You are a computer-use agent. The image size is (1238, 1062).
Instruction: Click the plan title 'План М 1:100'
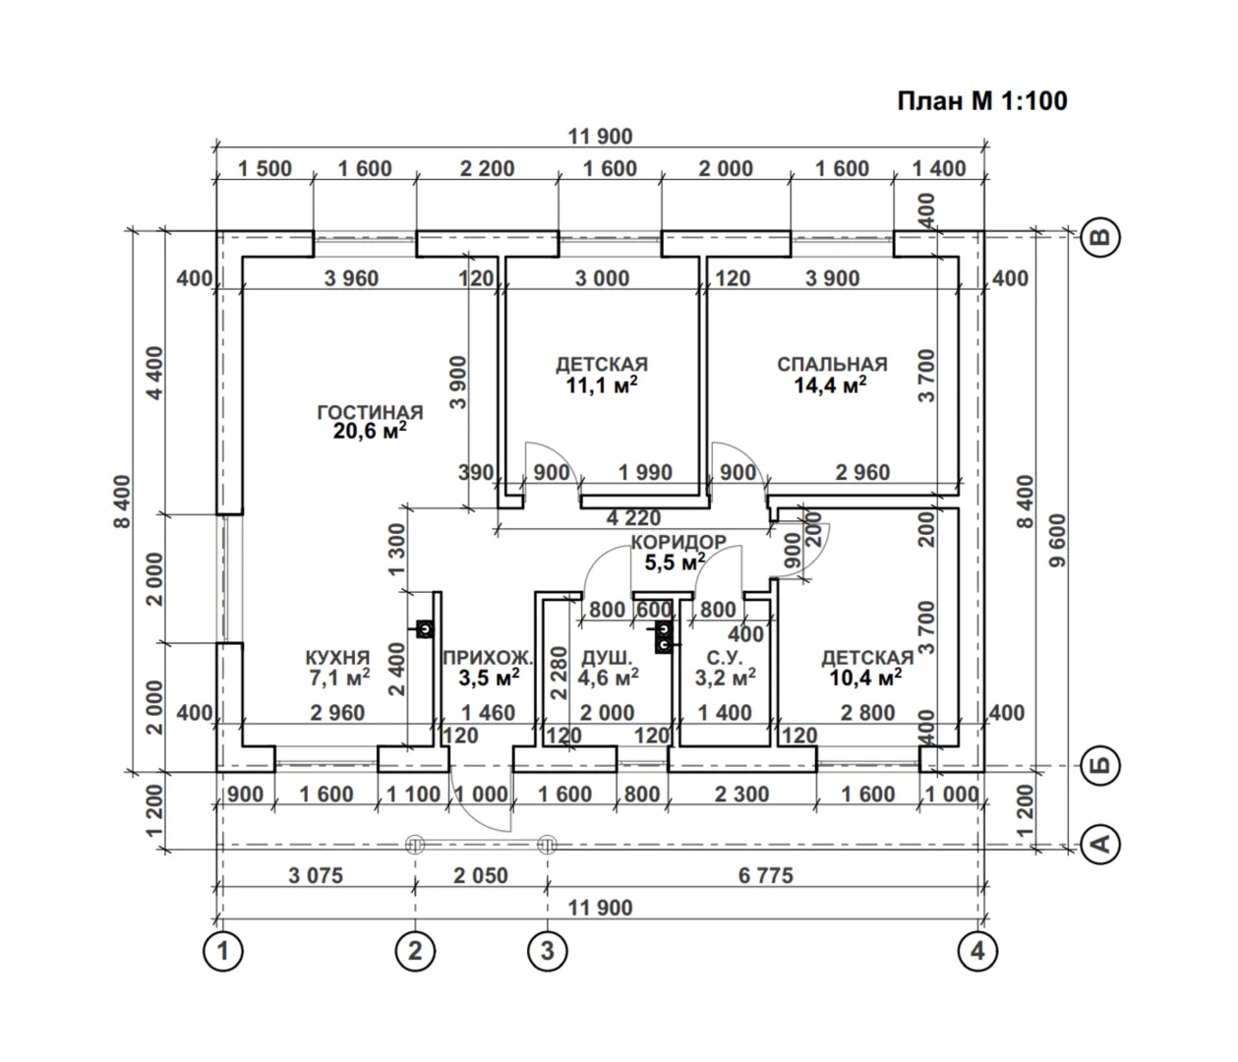coord(981,100)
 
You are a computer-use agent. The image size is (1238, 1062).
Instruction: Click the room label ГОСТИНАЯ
coord(370,412)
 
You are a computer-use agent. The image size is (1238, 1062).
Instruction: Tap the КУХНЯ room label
coord(337,657)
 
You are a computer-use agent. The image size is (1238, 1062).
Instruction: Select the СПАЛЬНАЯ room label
coord(832,364)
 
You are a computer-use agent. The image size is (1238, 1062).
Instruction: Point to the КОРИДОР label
coord(678,542)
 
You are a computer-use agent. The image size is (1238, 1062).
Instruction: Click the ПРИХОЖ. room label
coord(488,657)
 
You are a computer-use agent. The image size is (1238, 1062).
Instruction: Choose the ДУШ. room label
coord(607,657)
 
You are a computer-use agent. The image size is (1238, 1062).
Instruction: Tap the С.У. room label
coord(725,657)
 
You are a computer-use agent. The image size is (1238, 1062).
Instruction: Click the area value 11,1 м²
coord(602,385)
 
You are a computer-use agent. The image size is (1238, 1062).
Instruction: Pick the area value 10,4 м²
coord(865,678)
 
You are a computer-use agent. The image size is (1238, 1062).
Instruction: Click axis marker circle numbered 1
coord(223,951)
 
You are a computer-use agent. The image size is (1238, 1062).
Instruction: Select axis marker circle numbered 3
coord(548,951)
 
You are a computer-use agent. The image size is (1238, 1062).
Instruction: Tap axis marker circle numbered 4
coord(976,951)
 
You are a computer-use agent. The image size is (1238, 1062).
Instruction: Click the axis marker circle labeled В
coord(1101,237)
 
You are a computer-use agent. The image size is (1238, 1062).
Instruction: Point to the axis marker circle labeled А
coord(1101,844)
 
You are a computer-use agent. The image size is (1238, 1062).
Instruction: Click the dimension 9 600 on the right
coord(1057,542)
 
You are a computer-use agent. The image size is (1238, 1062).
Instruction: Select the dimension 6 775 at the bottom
coord(765,874)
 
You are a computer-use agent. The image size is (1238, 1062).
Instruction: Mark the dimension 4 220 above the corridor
coord(633,518)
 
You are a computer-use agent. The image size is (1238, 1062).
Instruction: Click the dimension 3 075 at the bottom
coord(316,874)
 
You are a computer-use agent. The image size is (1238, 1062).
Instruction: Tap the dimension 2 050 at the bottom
coord(481,874)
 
